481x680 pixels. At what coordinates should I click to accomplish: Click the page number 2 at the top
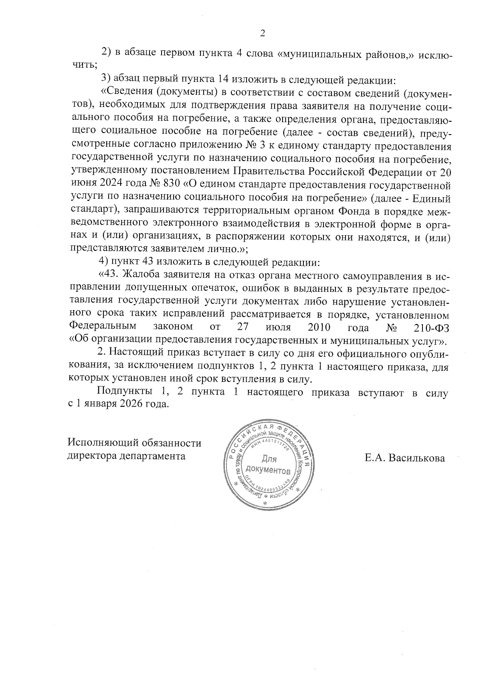click(x=263, y=33)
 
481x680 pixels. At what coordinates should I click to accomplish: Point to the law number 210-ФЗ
click(x=430, y=327)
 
